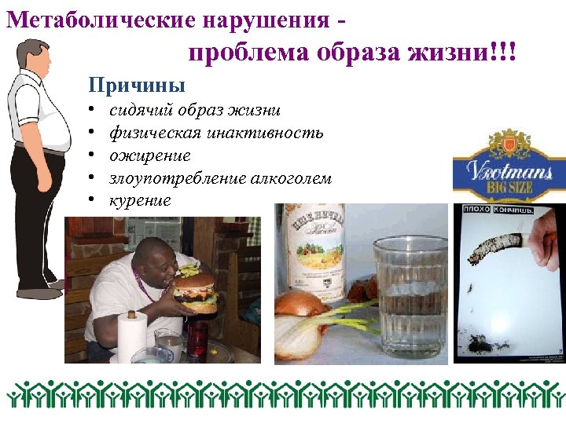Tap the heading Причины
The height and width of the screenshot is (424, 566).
[x=138, y=83]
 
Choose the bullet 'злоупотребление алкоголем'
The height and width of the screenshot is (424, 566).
[x=220, y=178]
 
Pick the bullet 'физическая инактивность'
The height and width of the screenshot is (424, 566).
[x=216, y=133]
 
